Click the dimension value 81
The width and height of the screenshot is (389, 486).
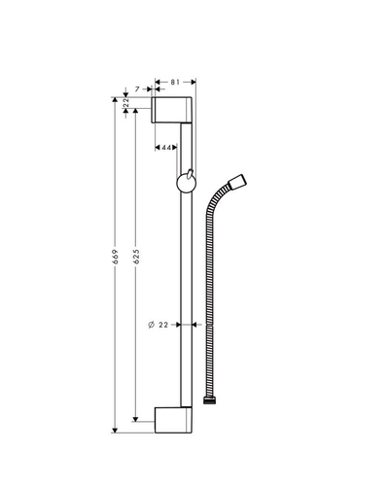tap(175, 83)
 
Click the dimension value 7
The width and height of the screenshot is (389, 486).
tap(137, 88)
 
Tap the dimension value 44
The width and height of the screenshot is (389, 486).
tap(166, 148)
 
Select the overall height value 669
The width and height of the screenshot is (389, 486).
tap(116, 257)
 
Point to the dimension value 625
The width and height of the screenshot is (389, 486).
tap(136, 257)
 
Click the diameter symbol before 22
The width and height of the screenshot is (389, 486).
tap(151, 325)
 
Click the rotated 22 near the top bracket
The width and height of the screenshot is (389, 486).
tap(126, 103)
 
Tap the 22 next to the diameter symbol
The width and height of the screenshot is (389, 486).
tap(163, 325)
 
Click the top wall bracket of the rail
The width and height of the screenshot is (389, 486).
tap(172, 110)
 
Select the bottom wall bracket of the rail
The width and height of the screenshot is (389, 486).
tap(173, 420)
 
